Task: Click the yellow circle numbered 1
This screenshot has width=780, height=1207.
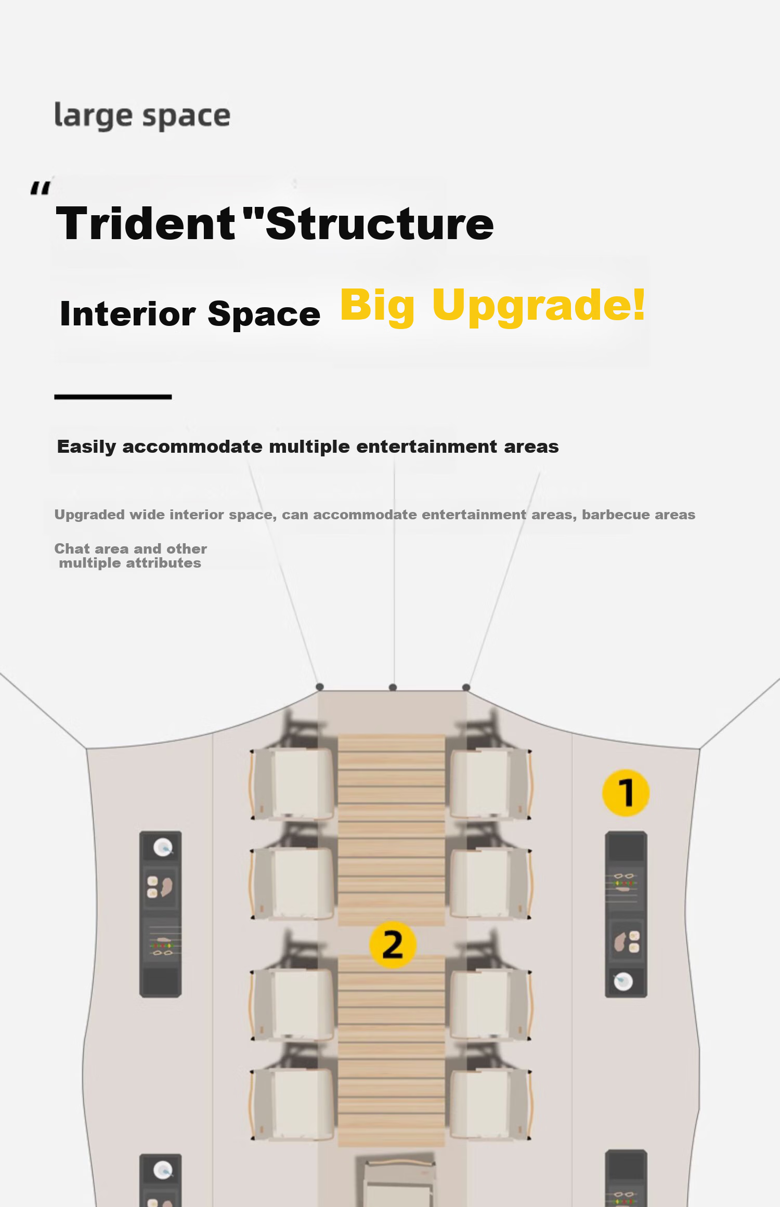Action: tap(626, 793)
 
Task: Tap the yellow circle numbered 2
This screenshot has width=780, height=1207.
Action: tap(393, 944)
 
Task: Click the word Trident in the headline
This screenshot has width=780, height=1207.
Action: tap(146, 224)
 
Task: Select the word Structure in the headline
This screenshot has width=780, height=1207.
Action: tap(380, 224)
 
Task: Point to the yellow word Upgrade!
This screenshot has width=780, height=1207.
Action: tap(539, 307)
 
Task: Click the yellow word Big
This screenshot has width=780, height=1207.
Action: tap(378, 307)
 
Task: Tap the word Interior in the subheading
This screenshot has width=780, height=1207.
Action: tap(128, 314)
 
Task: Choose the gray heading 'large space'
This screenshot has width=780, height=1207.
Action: tap(142, 115)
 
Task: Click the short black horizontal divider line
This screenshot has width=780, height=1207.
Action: tap(113, 397)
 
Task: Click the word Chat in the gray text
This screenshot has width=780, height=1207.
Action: tap(72, 549)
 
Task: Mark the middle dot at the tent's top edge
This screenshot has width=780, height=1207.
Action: tap(393, 687)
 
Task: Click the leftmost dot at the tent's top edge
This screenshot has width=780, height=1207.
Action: tap(320, 687)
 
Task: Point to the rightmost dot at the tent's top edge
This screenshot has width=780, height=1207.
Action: tap(466, 687)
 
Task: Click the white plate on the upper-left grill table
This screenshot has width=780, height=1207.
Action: tap(163, 848)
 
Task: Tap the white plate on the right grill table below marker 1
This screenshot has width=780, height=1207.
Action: tap(623, 981)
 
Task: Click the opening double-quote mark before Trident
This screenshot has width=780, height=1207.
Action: tap(41, 188)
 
